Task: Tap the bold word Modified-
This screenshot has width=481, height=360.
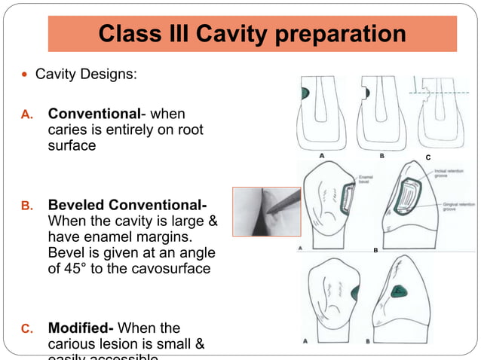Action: pos(81,328)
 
